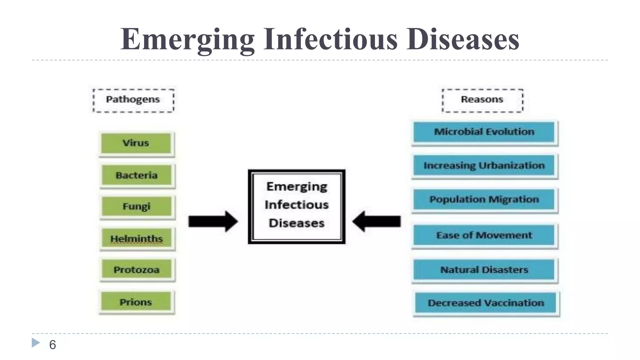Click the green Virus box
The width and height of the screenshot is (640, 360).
tap(136, 143)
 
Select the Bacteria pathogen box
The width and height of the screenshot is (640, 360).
tap(137, 175)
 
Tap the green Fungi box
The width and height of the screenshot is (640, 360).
tap(137, 207)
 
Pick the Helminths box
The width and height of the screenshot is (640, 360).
tap(137, 238)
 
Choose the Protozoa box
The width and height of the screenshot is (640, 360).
tap(137, 270)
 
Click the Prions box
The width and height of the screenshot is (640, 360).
tap(136, 302)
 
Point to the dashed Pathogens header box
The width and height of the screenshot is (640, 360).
tap(133, 100)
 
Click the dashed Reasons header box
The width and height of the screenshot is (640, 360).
tap(482, 100)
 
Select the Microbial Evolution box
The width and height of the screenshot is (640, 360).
tap(484, 132)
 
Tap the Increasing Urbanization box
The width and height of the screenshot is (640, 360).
tap(484, 165)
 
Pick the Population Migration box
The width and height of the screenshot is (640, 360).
tap(484, 199)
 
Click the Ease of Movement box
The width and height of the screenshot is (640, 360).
tap(484, 235)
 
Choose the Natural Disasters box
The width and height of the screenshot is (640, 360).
tap(484, 269)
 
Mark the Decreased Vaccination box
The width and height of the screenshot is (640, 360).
tap(486, 302)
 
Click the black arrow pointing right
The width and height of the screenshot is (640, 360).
tap(213, 221)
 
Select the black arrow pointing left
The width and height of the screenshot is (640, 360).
tap(377, 221)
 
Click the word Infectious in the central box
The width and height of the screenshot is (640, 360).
tap(297, 205)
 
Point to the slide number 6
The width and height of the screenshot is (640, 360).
tap(52, 345)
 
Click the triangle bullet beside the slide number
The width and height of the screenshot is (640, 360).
tap(36, 342)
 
